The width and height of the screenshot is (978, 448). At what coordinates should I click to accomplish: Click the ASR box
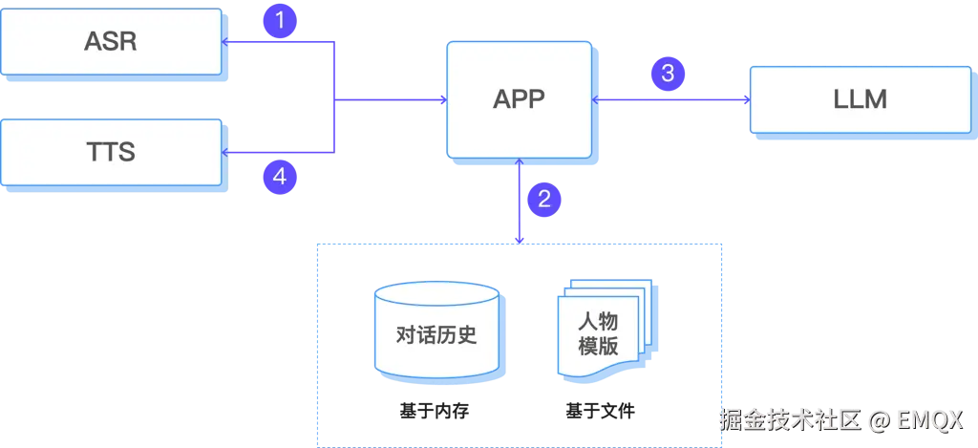(111, 42)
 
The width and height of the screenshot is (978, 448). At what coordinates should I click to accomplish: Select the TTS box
(111, 151)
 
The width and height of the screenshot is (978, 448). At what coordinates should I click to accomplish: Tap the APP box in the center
(519, 98)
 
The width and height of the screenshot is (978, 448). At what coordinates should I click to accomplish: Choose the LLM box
(860, 98)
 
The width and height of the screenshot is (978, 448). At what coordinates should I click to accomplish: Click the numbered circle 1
(279, 20)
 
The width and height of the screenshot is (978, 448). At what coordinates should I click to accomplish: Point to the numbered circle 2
(544, 199)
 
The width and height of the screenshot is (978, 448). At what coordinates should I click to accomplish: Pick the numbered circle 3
(668, 73)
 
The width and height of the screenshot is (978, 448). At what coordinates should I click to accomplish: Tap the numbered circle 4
(279, 176)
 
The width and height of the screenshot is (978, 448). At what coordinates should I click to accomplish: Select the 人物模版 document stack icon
(600, 330)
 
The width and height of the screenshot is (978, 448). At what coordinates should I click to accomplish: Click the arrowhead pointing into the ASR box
(226, 42)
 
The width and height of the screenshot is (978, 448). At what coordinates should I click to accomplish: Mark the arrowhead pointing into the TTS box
(226, 152)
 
